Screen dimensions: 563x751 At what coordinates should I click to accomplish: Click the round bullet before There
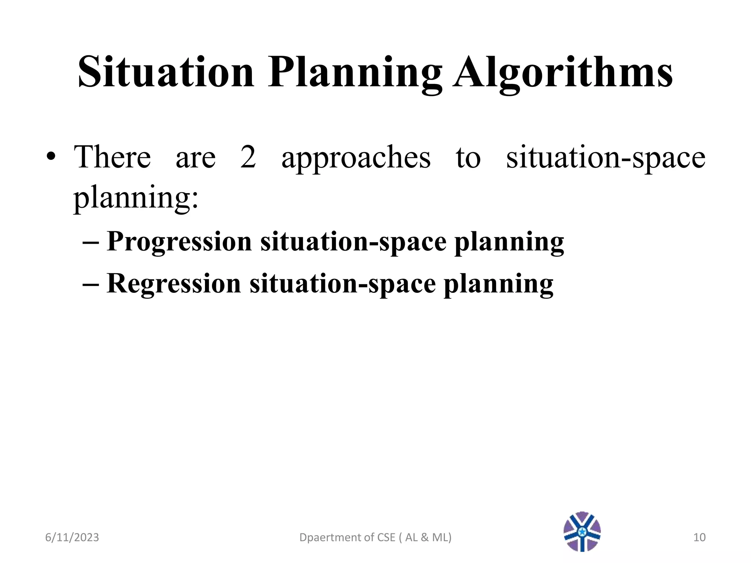(51, 157)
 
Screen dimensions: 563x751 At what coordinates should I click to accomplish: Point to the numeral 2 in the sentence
(248, 157)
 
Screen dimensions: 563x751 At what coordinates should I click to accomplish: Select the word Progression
(179, 242)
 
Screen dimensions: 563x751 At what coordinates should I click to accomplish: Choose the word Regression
(174, 283)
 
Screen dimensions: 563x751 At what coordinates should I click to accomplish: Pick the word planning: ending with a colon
(136, 198)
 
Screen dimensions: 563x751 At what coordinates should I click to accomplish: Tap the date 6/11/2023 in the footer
(72, 537)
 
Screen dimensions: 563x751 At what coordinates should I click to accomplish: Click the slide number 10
(699, 537)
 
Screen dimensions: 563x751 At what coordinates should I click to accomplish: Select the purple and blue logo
(582, 531)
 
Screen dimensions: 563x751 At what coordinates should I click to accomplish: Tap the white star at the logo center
(582, 531)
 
